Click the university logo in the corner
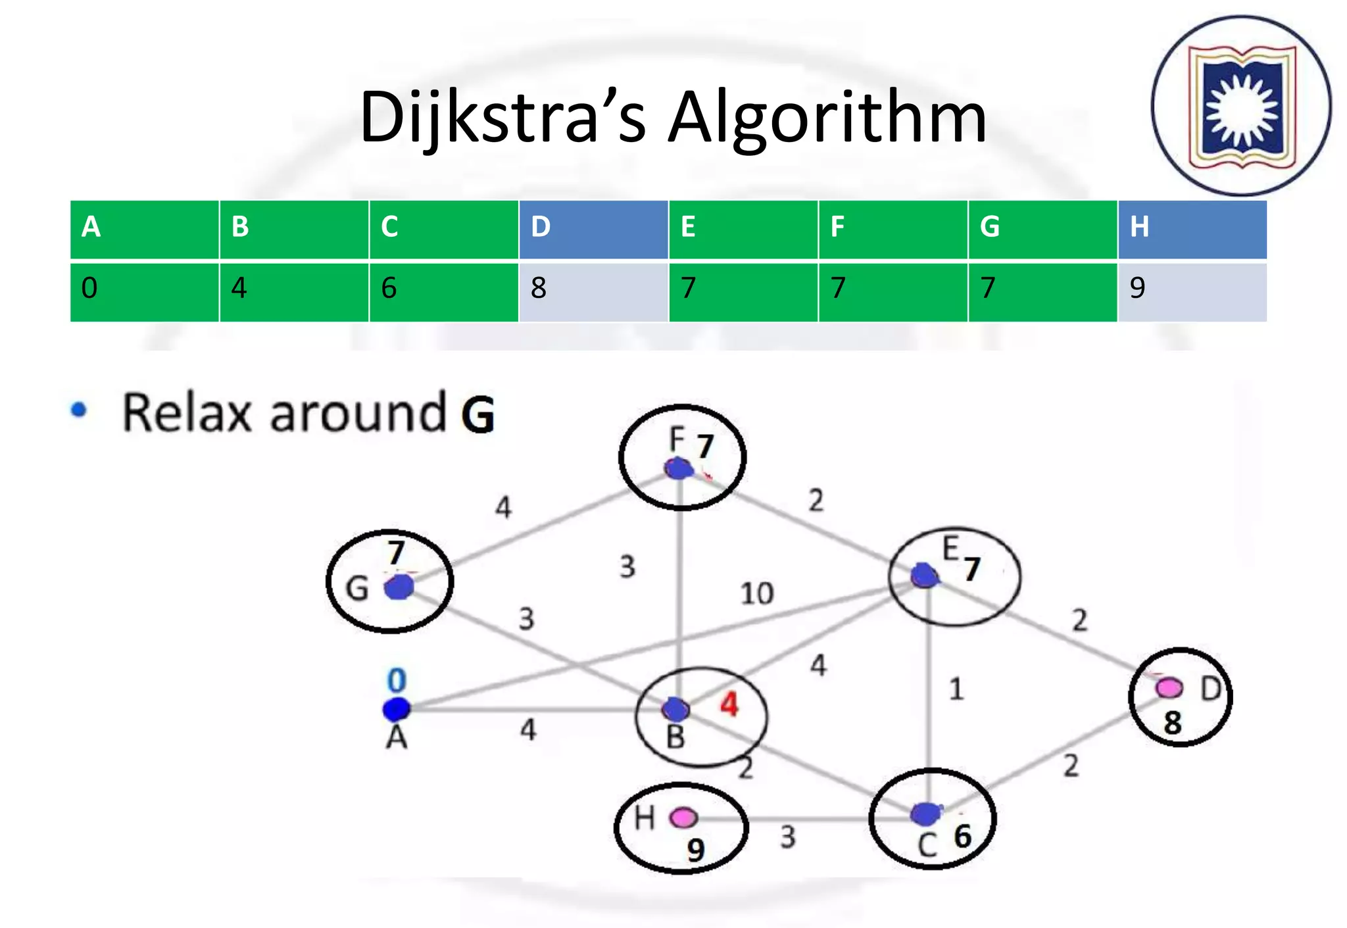coord(1241,106)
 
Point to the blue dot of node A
coord(397,709)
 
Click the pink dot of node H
coord(683,818)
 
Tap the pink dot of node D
coord(1169,688)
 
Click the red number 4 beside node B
coord(729,704)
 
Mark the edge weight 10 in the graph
coord(756,593)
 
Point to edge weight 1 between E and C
coord(956,689)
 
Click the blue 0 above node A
coord(397,680)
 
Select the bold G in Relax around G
coord(478,414)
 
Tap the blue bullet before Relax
coord(79,410)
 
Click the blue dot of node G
coord(399,587)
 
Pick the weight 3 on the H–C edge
coord(787,837)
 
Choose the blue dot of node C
coord(926,814)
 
